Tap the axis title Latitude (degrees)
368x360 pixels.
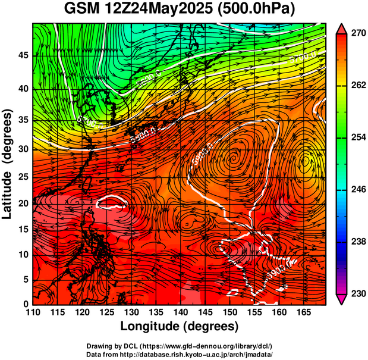(x=8, y=164)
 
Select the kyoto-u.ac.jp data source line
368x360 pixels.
(x=180, y=354)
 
